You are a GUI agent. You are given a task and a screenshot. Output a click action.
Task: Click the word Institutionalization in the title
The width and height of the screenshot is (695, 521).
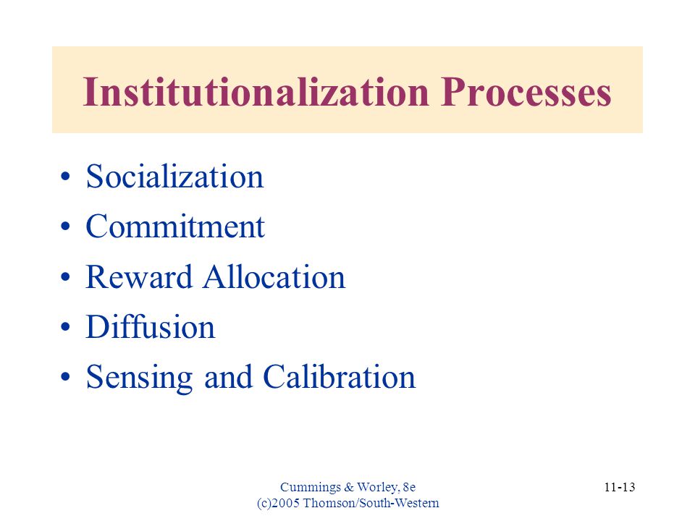(256, 92)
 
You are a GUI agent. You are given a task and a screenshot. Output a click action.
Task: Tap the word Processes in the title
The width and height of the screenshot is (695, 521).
(526, 92)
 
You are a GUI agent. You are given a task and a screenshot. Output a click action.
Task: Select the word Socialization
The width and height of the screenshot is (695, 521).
(174, 177)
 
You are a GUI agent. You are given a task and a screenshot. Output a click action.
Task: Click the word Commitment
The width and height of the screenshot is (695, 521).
(175, 226)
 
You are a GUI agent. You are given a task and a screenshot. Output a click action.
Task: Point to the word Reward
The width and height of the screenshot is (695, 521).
(139, 277)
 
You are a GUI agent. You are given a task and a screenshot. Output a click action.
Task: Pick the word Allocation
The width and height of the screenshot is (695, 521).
(274, 277)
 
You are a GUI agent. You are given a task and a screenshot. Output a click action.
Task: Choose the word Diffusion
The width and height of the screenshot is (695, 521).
(151, 327)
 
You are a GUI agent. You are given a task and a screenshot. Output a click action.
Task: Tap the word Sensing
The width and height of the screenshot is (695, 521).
(139, 378)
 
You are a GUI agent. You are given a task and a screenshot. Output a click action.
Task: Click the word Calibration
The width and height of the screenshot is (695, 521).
(339, 376)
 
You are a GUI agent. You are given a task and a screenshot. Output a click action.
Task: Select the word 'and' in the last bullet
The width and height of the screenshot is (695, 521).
(228, 377)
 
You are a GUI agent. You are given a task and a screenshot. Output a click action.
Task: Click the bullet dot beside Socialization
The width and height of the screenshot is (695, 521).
(66, 177)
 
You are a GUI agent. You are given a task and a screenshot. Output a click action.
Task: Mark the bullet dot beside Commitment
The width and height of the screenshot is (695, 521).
(66, 226)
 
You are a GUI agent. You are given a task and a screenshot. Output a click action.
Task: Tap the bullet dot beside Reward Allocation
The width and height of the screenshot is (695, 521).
(66, 277)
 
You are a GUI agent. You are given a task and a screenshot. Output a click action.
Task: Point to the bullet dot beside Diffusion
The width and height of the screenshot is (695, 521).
(66, 327)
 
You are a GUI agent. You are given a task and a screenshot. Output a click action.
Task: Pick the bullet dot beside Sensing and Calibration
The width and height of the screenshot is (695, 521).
(66, 378)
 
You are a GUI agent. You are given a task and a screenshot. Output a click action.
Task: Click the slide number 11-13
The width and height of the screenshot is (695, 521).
(620, 487)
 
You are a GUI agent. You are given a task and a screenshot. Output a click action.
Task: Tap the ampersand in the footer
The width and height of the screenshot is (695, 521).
(349, 487)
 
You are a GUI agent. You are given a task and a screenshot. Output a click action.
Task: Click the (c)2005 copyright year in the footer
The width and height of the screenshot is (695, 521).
(278, 504)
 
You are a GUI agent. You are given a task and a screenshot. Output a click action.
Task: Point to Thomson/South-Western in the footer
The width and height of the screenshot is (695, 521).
(371, 504)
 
